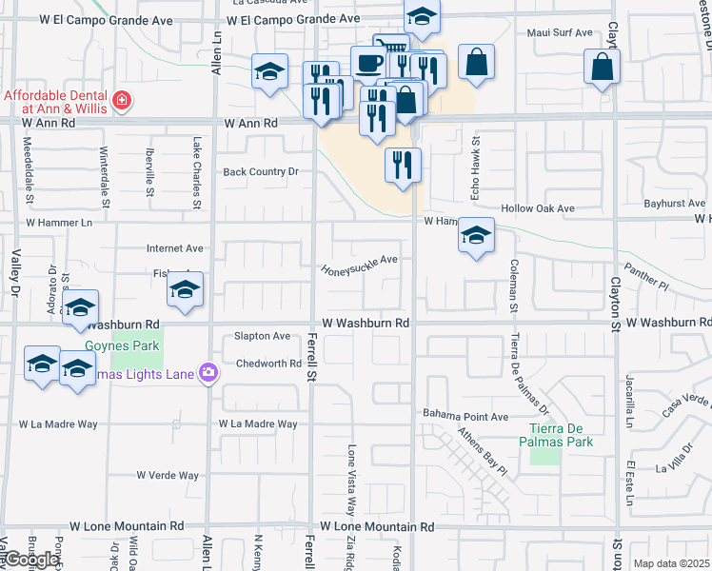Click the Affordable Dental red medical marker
[x=121, y=100]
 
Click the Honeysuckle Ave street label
[x=360, y=265]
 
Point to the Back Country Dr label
[x=261, y=172]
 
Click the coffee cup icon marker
[x=368, y=64]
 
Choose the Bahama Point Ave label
[x=466, y=416]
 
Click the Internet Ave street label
[x=174, y=248]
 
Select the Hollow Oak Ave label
[x=539, y=208]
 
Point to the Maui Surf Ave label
[x=561, y=33]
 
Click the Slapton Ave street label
[x=262, y=336]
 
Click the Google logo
[x=31, y=560]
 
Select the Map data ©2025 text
[x=671, y=563]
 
